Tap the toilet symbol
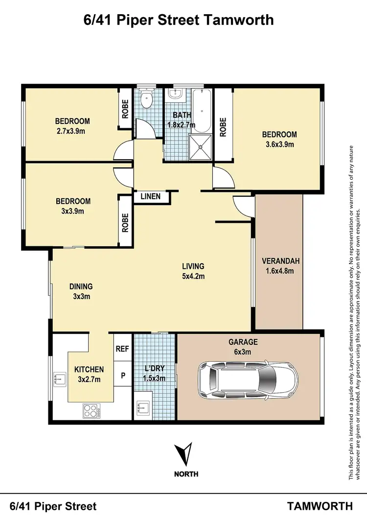click(x=146, y=100)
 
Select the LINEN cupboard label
click(x=150, y=197)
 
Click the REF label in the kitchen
click(x=122, y=349)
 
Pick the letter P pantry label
click(x=122, y=376)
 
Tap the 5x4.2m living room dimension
click(x=193, y=276)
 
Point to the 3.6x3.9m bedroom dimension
click(x=279, y=144)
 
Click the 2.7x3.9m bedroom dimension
click(x=72, y=131)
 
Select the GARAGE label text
click(x=243, y=342)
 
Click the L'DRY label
click(x=154, y=368)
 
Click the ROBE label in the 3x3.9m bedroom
click(x=125, y=223)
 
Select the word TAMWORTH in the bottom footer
click(x=320, y=506)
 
